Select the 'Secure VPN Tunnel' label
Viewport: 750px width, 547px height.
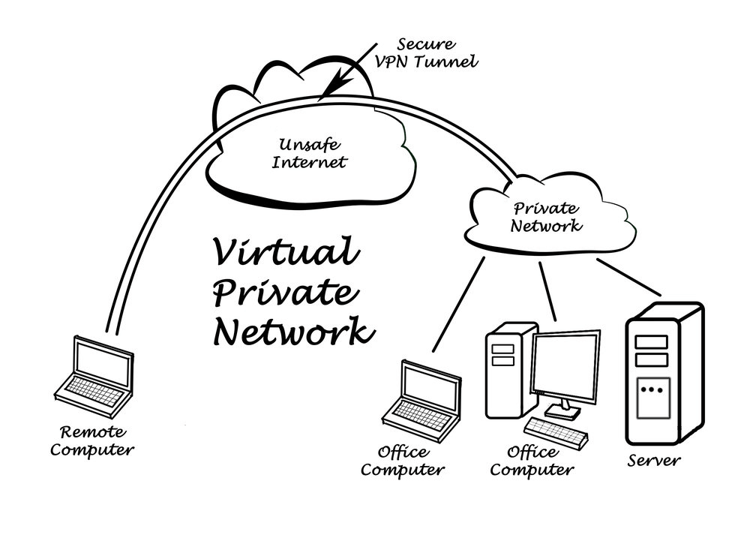pyautogui.click(x=425, y=53)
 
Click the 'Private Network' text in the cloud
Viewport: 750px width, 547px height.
pyautogui.click(x=545, y=217)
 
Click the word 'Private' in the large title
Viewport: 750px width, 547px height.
pyautogui.click(x=280, y=292)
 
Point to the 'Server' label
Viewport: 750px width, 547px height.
pyautogui.click(x=654, y=460)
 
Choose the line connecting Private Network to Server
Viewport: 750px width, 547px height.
pyautogui.click(x=628, y=277)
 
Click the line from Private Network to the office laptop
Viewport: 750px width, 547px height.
pyautogui.click(x=458, y=304)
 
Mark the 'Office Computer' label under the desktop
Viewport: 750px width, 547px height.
pyautogui.click(x=536, y=461)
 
